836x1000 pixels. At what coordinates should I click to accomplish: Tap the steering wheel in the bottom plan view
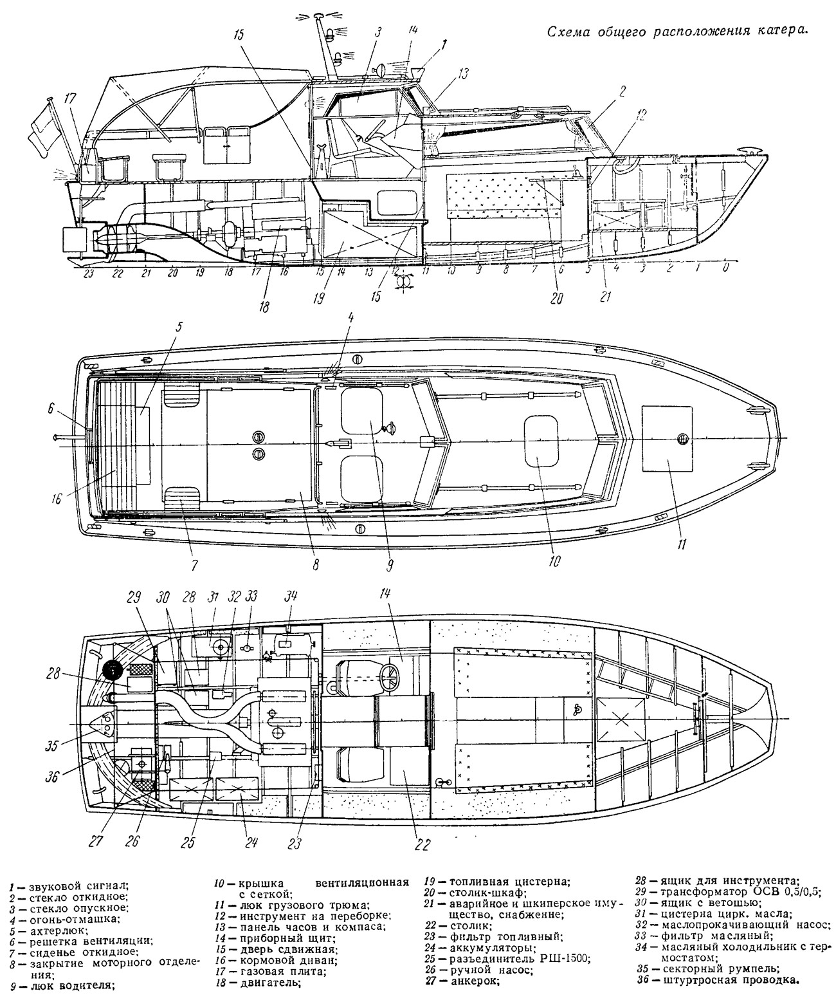pos(392,678)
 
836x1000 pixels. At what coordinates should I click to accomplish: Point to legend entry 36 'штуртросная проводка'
pos(719,980)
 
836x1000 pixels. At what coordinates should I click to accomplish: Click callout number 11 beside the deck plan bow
pos(682,544)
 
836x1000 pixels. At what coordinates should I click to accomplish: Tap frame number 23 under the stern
pos(88,273)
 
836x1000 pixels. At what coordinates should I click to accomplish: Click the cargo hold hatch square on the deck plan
pos(667,438)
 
